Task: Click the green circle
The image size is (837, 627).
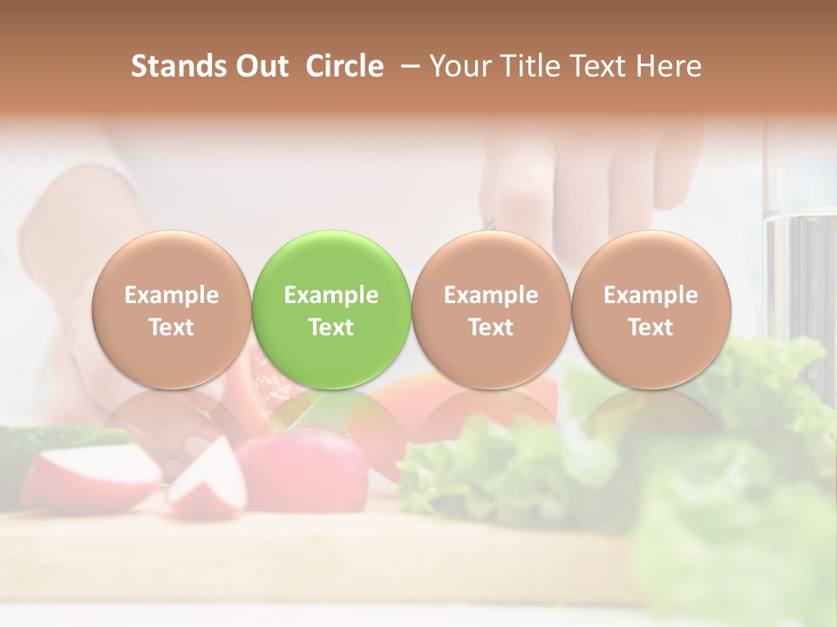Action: click(330, 309)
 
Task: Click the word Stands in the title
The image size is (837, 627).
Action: click(177, 66)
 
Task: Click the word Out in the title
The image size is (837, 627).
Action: click(260, 66)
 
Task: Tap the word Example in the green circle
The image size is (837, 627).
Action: click(331, 295)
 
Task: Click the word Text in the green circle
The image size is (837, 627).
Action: click(331, 327)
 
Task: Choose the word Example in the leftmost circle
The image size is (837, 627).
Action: click(171, 295)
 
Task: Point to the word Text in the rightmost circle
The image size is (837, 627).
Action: click(650, 327)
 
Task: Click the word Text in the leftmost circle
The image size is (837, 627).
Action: click(171, 327)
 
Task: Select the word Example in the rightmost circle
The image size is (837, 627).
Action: click(650, 295)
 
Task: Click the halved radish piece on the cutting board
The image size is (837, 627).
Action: click(207, 477)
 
